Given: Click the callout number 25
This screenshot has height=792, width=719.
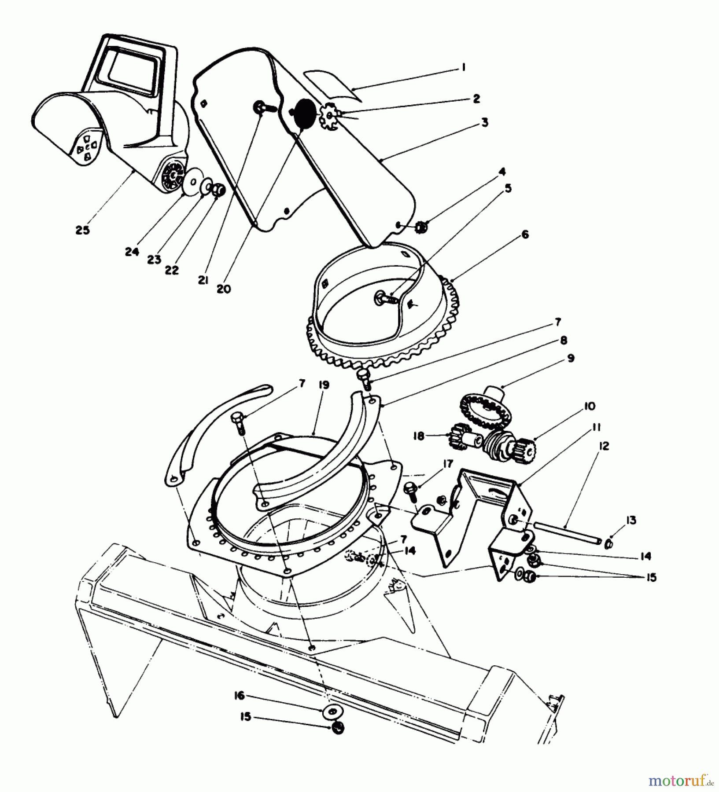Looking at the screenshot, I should [x=82, y=230].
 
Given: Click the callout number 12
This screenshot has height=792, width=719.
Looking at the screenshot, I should [x=603, y=446].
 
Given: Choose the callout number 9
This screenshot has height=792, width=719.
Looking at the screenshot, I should [x=570, y=358].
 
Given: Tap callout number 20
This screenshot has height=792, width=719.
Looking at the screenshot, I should [x=224, y=289].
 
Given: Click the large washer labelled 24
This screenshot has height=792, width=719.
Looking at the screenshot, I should [x=192, y=182].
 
